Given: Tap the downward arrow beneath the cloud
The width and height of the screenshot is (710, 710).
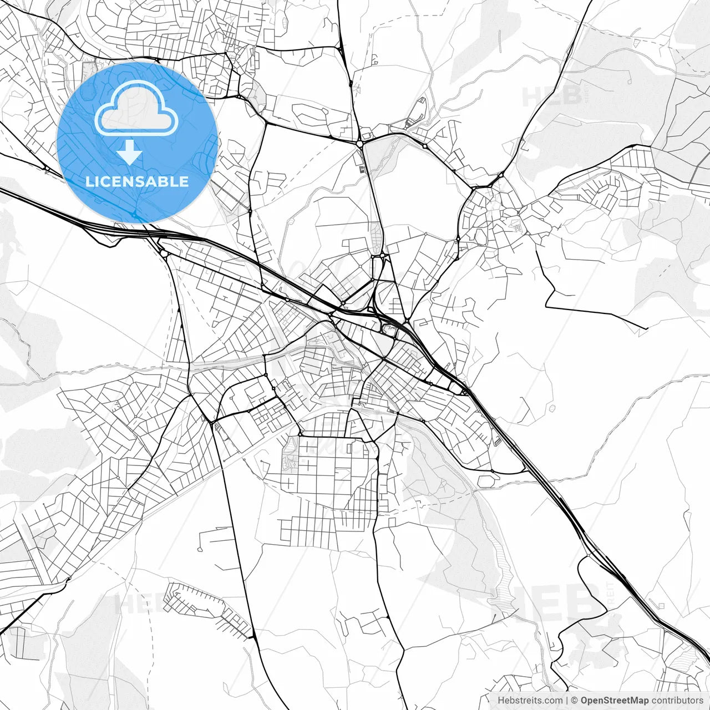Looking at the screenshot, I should (x=130, y=152).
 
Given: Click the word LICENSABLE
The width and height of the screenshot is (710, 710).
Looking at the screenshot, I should (x=137, y=181).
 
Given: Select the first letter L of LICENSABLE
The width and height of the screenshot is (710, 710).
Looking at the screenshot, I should (x=89, y=181).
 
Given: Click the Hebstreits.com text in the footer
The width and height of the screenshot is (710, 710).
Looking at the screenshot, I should (x=530, y=701).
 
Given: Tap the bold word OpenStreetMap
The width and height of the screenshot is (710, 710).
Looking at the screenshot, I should (x=614, y=701).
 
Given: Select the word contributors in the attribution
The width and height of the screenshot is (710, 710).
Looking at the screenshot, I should (x=677, y=701).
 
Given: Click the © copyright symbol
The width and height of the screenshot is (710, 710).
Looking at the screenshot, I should (x=575, y=701).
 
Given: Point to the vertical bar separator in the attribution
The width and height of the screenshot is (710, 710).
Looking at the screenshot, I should (x=567, y=701).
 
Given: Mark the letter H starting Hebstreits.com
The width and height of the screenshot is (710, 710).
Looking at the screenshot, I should (x=501, y=701).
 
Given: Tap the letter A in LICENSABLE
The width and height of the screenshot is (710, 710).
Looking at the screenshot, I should (x=155, y=181).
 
